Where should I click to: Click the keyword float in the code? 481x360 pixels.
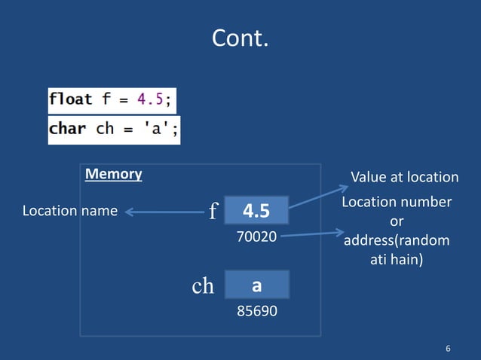[71, 99]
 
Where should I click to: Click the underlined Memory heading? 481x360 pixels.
[113, 174]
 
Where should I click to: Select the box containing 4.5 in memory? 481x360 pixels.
[256, 211]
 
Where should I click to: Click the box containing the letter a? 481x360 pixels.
[256, 285]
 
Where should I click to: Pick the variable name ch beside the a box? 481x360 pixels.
[202, 286]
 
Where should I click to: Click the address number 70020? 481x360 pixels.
[256, 236]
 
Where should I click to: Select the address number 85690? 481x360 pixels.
[256, 310]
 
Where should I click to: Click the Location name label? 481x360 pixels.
[70, 211]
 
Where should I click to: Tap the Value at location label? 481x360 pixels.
[404, 177]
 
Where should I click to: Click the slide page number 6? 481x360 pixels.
[449, 348]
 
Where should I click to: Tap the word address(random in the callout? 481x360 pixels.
[397, 241]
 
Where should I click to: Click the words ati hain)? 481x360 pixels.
[397, 261]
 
